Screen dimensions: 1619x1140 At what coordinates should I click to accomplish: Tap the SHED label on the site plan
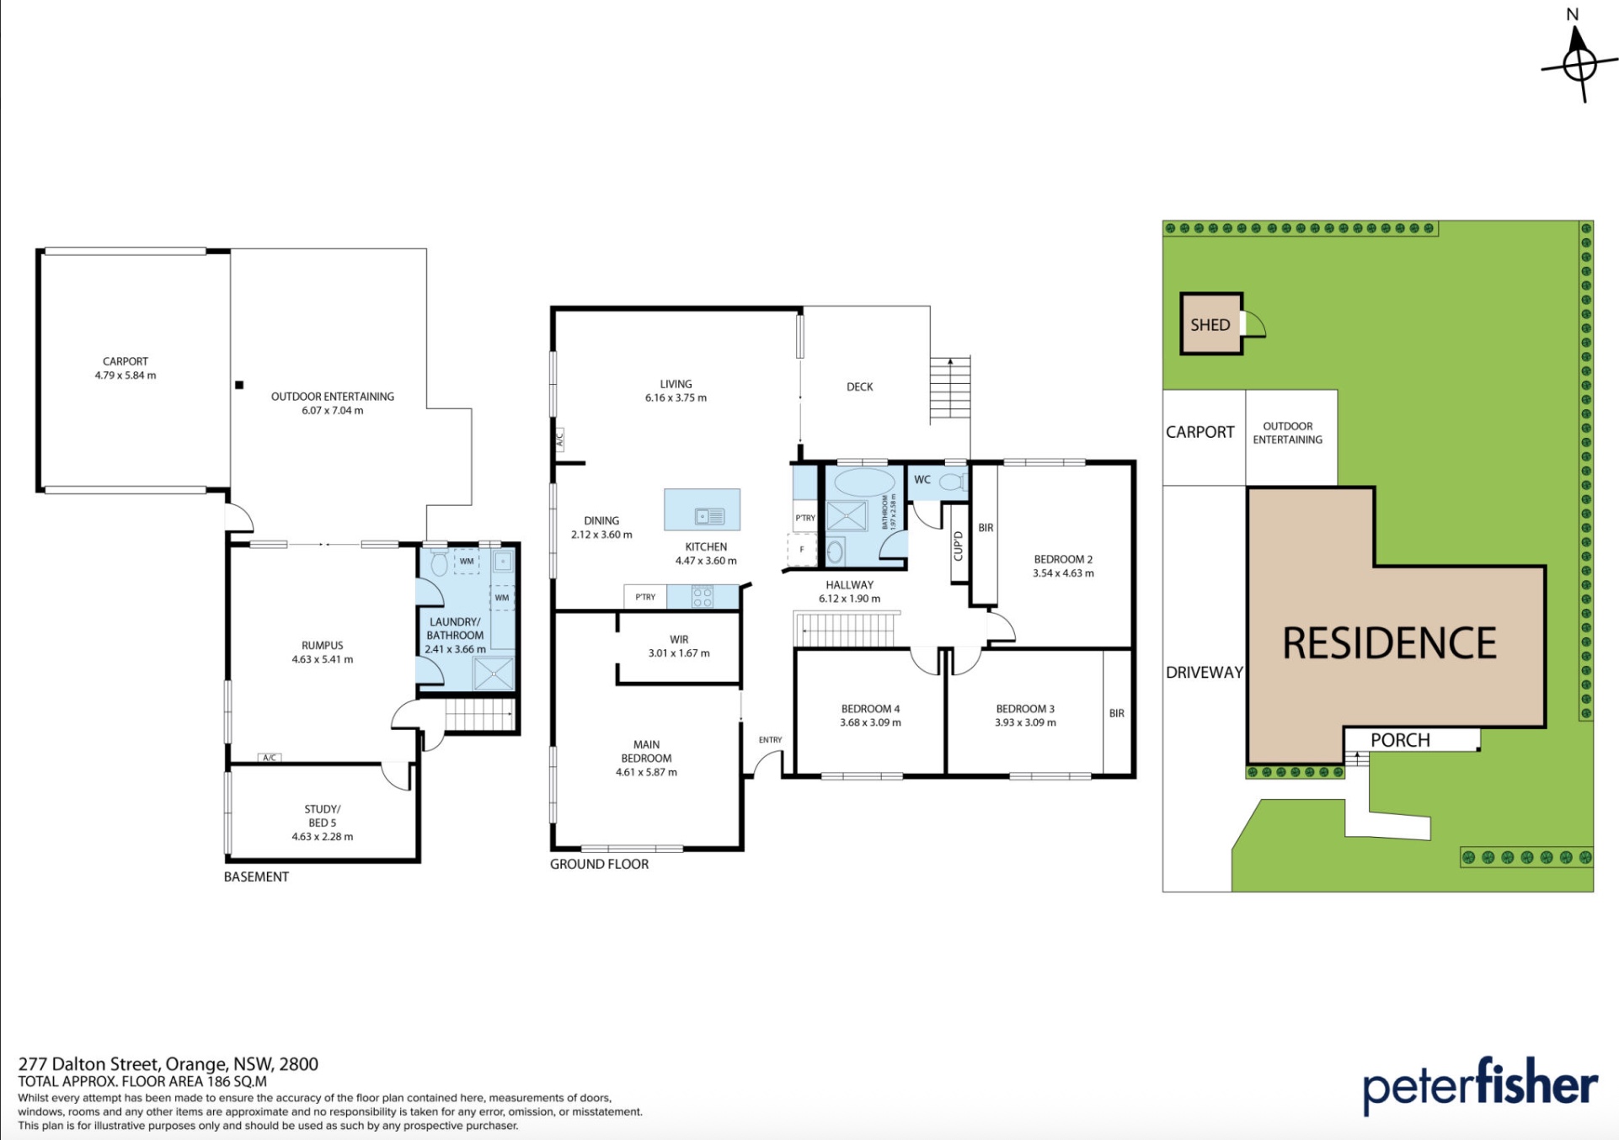[1210, 325]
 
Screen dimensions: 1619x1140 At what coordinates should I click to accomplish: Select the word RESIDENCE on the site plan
[1389, 643]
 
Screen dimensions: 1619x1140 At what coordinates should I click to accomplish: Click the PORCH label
[1400, 740]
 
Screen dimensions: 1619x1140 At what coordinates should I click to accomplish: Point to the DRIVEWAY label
[1205, 672]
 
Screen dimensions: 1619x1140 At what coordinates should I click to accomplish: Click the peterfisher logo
[1480, 1086]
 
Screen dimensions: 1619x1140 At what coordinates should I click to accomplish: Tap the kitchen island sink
[709, 516]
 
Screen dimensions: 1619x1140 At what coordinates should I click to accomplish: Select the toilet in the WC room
[952, 482]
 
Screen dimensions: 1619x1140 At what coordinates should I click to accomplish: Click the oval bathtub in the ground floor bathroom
[864, 482]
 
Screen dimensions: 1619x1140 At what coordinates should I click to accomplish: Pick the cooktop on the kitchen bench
[703, 597]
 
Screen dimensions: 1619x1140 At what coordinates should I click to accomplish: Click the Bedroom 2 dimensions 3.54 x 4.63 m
[1063, 573]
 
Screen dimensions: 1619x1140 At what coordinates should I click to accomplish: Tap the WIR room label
[679, 640]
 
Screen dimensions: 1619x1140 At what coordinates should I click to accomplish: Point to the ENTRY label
[770, 740]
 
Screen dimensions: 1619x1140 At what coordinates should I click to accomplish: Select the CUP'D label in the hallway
[958, 546]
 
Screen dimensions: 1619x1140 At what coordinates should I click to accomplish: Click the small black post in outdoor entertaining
[239, 385]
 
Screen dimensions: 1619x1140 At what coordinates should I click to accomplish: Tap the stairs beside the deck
[950, 388]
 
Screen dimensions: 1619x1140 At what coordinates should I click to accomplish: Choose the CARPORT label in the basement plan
[126, 361]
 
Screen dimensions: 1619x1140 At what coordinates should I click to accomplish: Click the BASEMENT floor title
[256, 876]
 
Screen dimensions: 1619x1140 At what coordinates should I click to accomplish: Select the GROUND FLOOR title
[599, 864]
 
